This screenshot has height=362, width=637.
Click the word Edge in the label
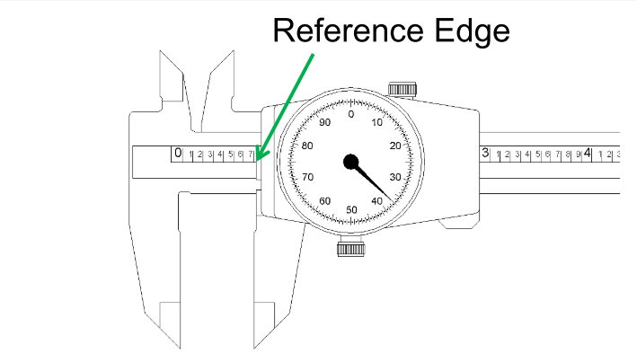tap(475, 31)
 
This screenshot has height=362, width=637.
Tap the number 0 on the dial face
tap(350, 114)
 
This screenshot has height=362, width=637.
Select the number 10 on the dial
tap(377, 122)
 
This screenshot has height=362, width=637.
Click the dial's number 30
tap(395, 177)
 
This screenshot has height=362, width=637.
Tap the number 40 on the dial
tap(378, 200)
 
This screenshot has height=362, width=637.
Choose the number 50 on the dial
tap(351, 209)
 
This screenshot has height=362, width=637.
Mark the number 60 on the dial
tap(324, 200)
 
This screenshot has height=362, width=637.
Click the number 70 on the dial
tap(307, 177)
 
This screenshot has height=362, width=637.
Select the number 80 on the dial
tap(307, 146)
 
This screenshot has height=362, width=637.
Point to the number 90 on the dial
tap(324, 123)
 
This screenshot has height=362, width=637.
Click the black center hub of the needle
tap(350, 162)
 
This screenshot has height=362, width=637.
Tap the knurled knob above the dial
tap(400, 88)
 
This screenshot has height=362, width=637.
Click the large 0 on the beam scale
tap(178, 154)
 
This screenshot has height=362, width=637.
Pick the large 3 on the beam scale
tap(485, 154)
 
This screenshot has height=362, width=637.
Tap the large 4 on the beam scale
tap(588, 154)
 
